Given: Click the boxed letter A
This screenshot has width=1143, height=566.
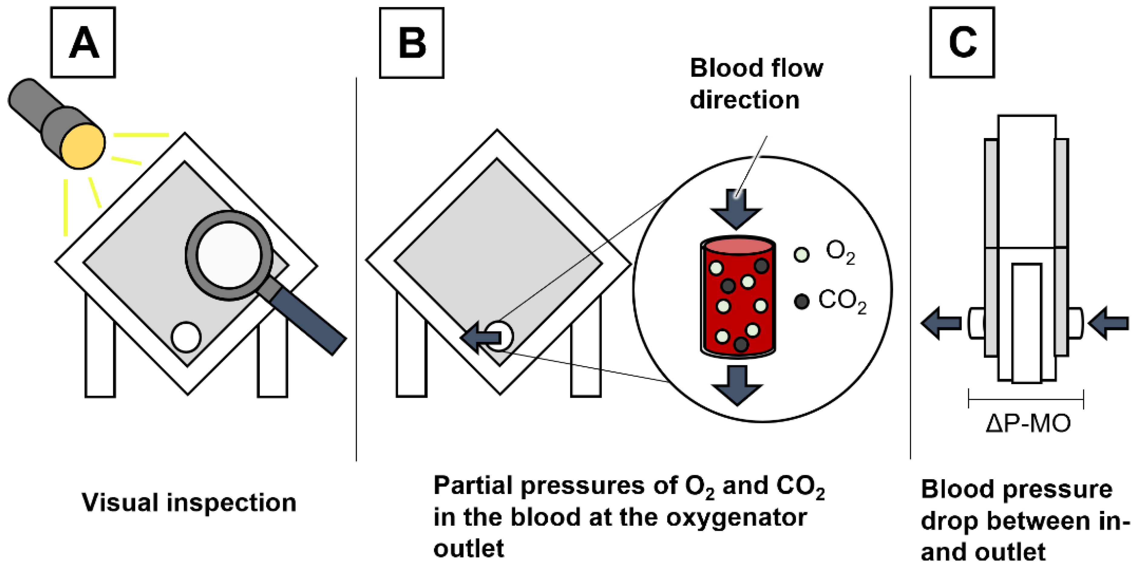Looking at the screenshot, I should [84, 43].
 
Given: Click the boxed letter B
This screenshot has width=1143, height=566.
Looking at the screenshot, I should [412, 43].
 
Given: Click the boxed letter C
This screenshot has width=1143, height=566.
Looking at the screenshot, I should [962, 43].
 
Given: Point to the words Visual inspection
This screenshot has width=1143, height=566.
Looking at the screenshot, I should [189, 502].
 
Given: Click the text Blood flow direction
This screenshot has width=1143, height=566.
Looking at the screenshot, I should [756, 84].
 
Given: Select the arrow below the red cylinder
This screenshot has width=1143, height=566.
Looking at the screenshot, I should [737, 384].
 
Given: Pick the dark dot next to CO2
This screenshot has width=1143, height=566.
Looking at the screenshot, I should [801, 302].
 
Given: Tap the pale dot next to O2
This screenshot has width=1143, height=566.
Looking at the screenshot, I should [801, 255].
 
